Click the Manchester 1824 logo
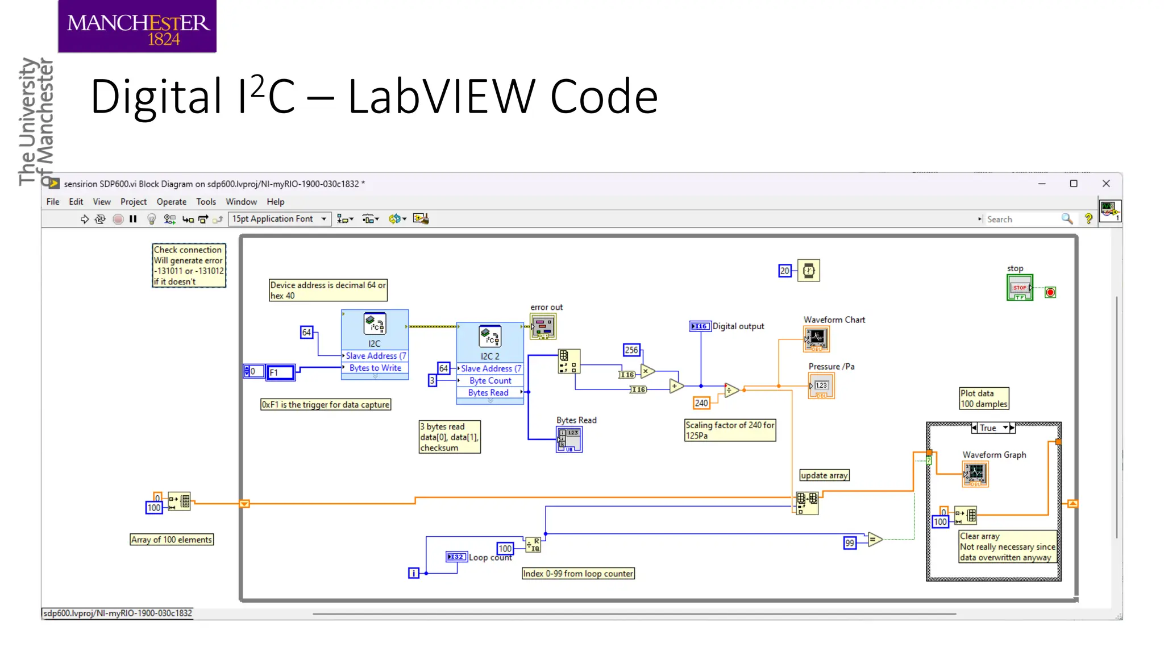point(137,27)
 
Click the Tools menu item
point(206,202)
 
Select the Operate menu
point(171,202)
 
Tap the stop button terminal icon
point(1020,288)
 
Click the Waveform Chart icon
point(817,339)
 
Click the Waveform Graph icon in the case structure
point(975,474)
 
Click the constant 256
point(631,350)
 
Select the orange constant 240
point(701,403)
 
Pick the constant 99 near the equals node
point(850,543)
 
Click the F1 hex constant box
point(281,372)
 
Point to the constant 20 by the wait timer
point(784,271)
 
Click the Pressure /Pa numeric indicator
point(821,386)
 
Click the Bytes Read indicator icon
point(569,440)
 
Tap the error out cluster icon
point(543,327)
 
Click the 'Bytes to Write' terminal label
point(375,368)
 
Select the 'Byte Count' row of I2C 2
point(490,380)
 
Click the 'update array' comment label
point(824,475)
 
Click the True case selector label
point(988,428)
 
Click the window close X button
point(1106,184)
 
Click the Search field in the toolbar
point(1020,219)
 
